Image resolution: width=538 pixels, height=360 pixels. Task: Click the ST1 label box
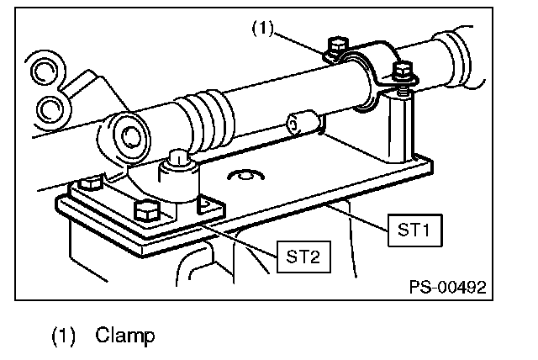click(414, 230)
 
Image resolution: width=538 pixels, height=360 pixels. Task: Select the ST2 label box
click(303, 257)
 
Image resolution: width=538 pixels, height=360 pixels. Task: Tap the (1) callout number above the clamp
click(263, 28)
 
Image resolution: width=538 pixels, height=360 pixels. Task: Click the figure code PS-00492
click(448, 287)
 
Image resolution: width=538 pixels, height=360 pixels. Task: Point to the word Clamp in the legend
click(125, 336)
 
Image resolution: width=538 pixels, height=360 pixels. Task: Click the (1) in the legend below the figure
click(63, 336)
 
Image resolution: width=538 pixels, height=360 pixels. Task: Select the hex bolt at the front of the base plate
click(147, 211)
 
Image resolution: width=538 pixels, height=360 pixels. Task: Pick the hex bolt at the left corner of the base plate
click(91, 183)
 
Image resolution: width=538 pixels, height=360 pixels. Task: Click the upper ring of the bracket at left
click(44, 71)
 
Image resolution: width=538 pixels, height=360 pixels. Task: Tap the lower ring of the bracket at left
click(52, 109)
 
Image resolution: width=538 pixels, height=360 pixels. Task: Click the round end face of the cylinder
click(131, 135)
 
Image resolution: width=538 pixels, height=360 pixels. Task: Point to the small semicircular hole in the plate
click(245, 174)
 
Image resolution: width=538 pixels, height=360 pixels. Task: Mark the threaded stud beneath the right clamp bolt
click(403, 92)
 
